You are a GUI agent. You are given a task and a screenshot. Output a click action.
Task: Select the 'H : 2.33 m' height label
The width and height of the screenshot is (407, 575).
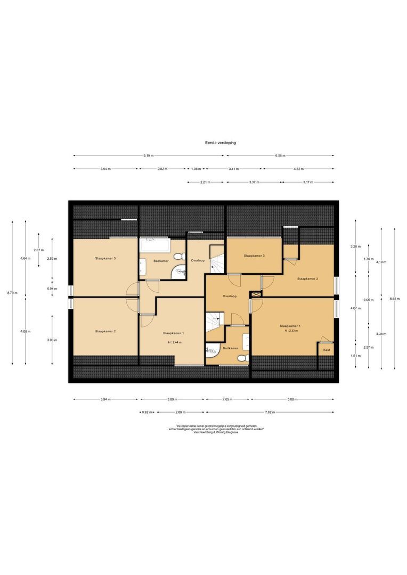290,331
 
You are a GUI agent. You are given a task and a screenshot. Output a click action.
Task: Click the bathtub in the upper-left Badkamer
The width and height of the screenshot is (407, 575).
154,247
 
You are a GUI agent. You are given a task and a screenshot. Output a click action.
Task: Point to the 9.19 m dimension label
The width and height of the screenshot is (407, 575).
148,155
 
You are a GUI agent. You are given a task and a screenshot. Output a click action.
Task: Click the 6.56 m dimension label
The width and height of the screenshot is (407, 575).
280,155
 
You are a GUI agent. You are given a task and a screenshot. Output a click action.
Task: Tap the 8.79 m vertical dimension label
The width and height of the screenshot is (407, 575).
12,293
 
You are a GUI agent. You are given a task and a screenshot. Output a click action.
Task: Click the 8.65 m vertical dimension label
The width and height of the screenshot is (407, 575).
394,299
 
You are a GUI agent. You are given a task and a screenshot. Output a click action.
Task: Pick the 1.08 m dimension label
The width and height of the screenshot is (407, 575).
196,169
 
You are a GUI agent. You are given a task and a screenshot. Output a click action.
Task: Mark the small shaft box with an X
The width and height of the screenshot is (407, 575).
255,294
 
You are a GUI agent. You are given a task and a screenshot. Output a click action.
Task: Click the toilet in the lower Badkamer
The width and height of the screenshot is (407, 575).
243,358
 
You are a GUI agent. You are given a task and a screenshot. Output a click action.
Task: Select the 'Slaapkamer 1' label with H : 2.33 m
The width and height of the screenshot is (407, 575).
290,325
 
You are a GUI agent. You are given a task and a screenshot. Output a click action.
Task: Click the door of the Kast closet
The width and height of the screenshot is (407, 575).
325,339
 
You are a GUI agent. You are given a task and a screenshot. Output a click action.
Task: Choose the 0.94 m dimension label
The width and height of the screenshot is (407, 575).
52,289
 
